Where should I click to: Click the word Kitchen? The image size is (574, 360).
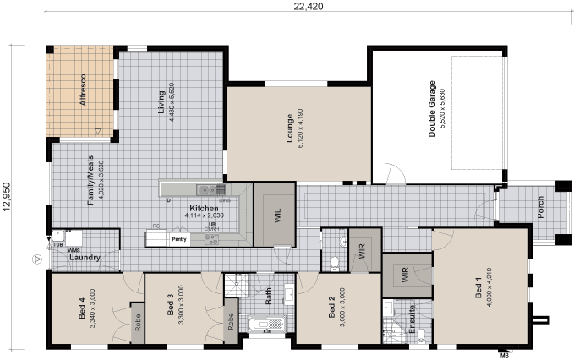pos(204,208)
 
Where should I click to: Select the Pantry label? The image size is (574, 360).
pos(179,239)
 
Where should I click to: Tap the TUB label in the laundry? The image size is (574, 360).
pos(57,244)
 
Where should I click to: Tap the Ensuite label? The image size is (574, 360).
pos(412,320)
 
